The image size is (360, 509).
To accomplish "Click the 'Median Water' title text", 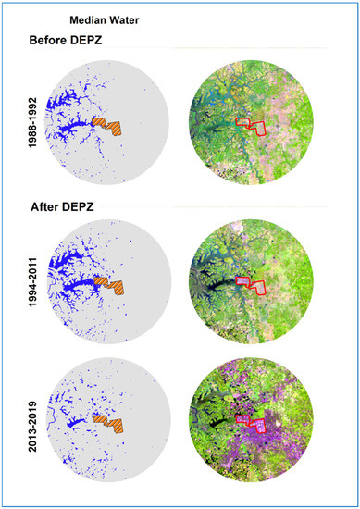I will coord(97,18).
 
